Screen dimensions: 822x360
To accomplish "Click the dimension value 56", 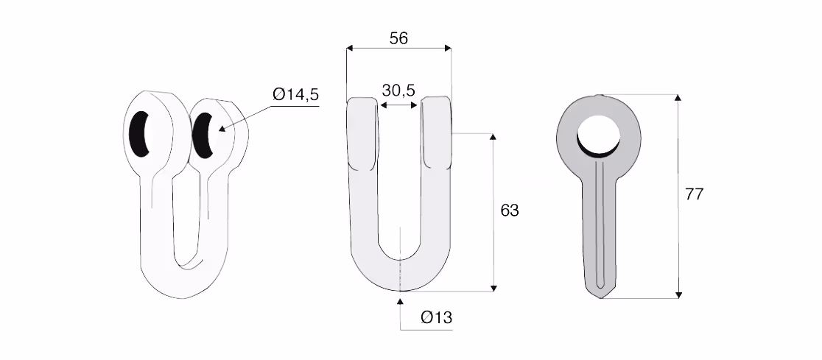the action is (x=398, y=38).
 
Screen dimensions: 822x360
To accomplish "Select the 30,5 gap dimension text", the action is (x=398, y=90).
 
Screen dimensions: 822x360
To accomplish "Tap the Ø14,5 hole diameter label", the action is (x=295, y=95).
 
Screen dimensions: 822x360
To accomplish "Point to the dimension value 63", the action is (x=510, y=210).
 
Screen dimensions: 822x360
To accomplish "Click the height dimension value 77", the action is (x=694, y=194).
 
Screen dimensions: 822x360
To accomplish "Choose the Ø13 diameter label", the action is (x=436, y=317).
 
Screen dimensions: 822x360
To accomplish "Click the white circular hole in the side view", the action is (x=598, y=134).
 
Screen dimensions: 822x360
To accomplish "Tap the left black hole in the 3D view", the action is (x=139, y=133).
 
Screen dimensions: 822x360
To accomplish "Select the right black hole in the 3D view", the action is (x=203, y=135).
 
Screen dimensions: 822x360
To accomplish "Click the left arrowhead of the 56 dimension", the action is (x=350, y=48).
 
